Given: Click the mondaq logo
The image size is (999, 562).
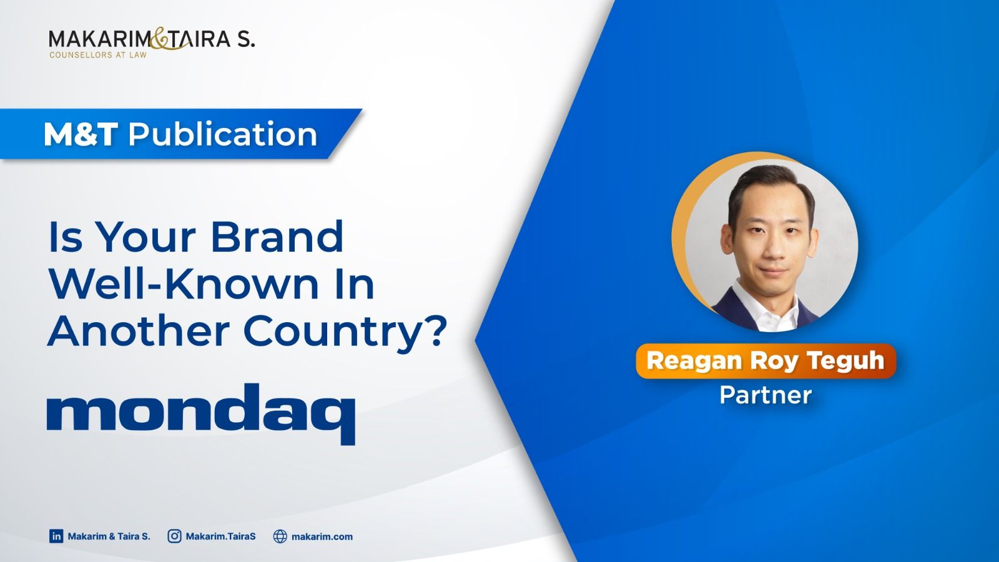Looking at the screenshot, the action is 201,414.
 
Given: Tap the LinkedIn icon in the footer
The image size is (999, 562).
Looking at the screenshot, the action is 56,536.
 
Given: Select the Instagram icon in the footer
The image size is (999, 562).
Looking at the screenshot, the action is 174,536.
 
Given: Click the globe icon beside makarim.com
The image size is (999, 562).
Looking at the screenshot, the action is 280,536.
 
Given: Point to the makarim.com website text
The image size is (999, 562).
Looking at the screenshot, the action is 322,536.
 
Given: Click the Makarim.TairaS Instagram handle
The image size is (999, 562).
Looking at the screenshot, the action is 221,536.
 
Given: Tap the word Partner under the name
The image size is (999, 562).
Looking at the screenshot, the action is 765,395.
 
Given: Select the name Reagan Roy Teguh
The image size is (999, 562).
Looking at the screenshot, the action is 765,361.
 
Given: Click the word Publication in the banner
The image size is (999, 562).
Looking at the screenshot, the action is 222,134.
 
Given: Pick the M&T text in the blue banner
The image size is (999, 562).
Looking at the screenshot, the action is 81,134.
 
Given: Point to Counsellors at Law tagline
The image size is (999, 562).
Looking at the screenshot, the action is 98,56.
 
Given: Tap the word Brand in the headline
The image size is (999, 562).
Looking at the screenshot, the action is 277,237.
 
